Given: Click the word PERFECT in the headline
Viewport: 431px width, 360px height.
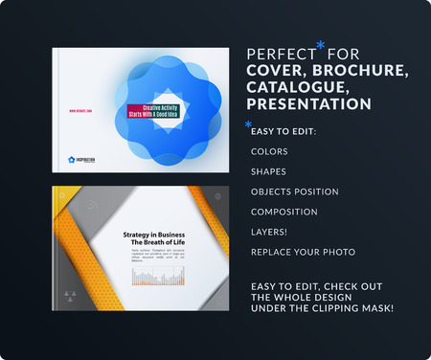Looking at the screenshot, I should (279, 54).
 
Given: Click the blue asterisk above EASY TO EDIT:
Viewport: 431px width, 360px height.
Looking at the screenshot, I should (249, 125).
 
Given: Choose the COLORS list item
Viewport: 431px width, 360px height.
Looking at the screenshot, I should (269, 151).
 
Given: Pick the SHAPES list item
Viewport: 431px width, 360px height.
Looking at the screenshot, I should (268, 171).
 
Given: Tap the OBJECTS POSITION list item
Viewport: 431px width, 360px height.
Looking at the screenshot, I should (294, 191).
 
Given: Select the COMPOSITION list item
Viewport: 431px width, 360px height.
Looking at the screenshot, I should (284, 212).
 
